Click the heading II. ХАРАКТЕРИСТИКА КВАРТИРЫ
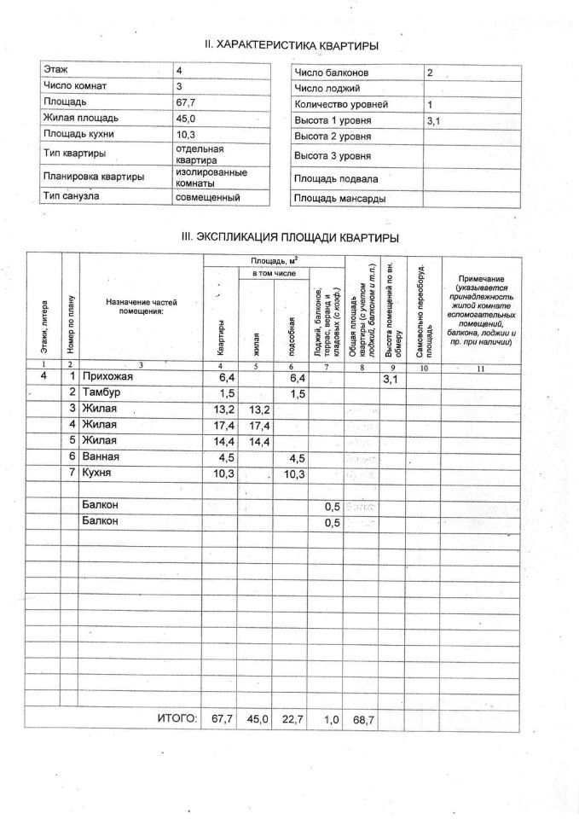coord(291,45)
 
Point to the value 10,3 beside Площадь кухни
coord(187,135)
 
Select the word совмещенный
coord(207,197)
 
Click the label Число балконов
coord(329,73)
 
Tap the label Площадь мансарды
coord(339,199)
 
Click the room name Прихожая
coord(110,376)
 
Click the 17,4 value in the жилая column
coord(258,425)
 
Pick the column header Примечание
coord(480,279)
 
